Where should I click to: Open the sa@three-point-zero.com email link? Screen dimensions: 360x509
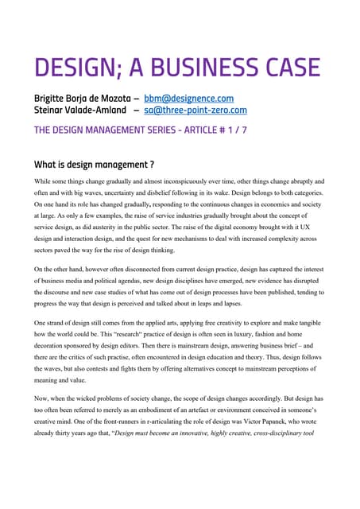(x=195, y=111)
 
